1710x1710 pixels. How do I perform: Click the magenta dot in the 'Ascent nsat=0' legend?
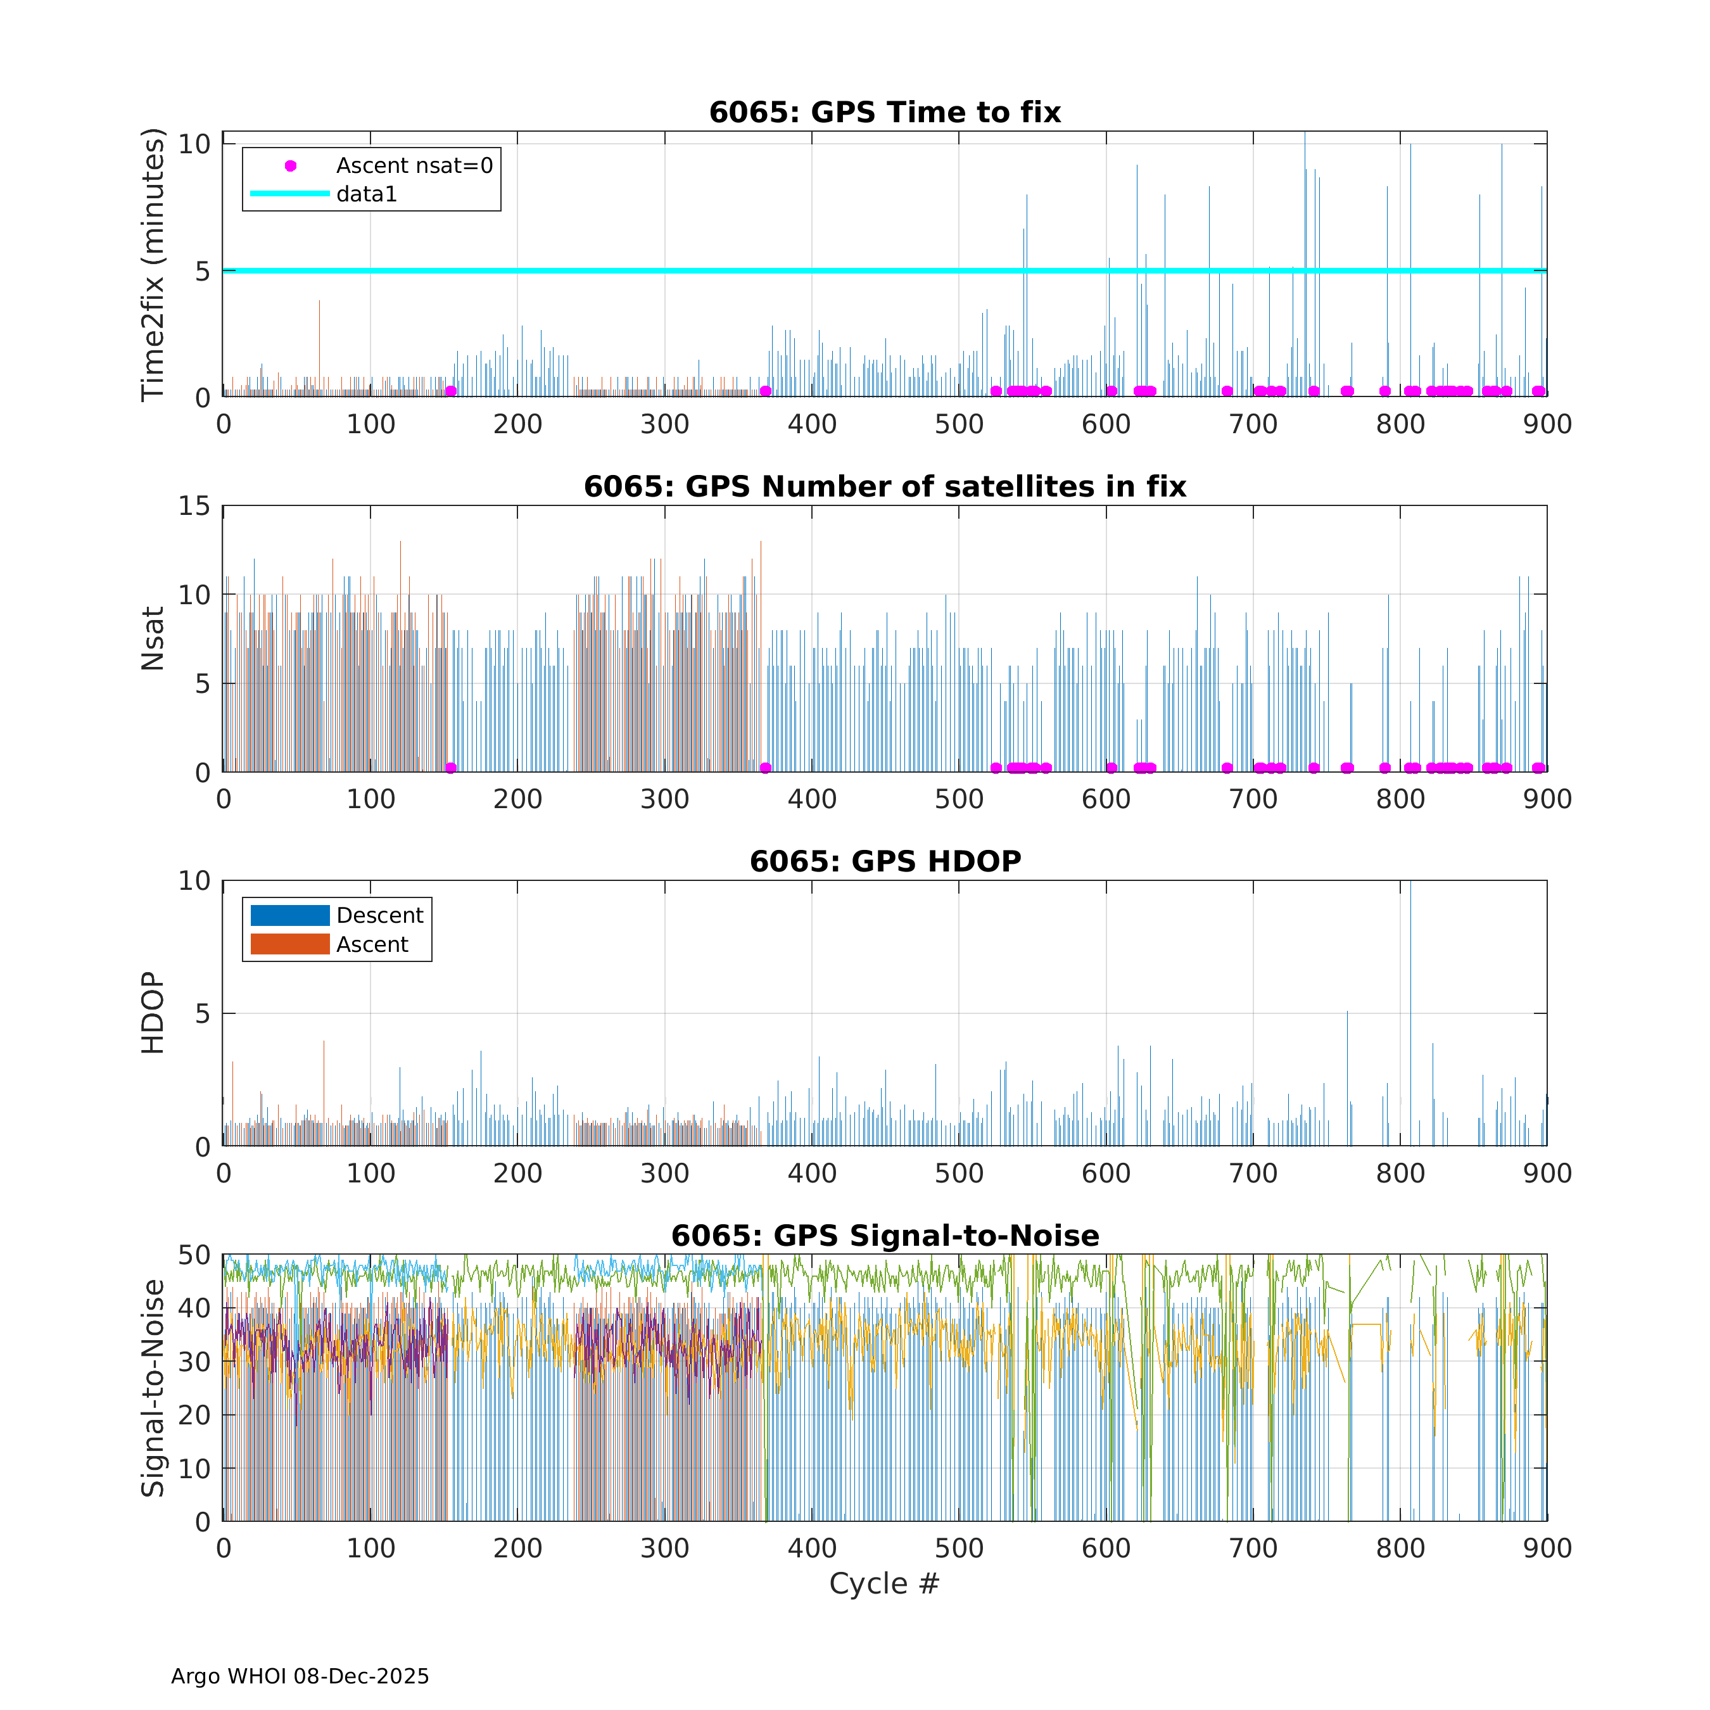(x=290, y=165)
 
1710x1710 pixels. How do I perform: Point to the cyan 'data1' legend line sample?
(x=290, y=194)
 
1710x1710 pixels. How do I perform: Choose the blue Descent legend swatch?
(x=290, y=915)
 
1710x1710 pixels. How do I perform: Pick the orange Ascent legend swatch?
(x=290, y=944)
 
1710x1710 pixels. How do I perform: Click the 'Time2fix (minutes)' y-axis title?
(x=153, y=265)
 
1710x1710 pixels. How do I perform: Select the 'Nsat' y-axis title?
(x=153, y=638)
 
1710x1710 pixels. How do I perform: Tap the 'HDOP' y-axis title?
(x=153, y=1013)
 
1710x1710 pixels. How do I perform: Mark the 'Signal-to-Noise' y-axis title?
(x=153, y=1388)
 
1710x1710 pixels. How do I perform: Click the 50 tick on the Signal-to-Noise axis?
(x=194, y=1255)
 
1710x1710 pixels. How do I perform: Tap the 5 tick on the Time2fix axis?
(x=203, y=271)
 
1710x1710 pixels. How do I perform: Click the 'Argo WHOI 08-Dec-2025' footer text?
(x=300, y=1676)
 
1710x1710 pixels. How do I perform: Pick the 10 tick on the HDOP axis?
(x=194, y=881)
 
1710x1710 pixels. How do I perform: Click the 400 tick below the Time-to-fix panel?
(x=812, y=425)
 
